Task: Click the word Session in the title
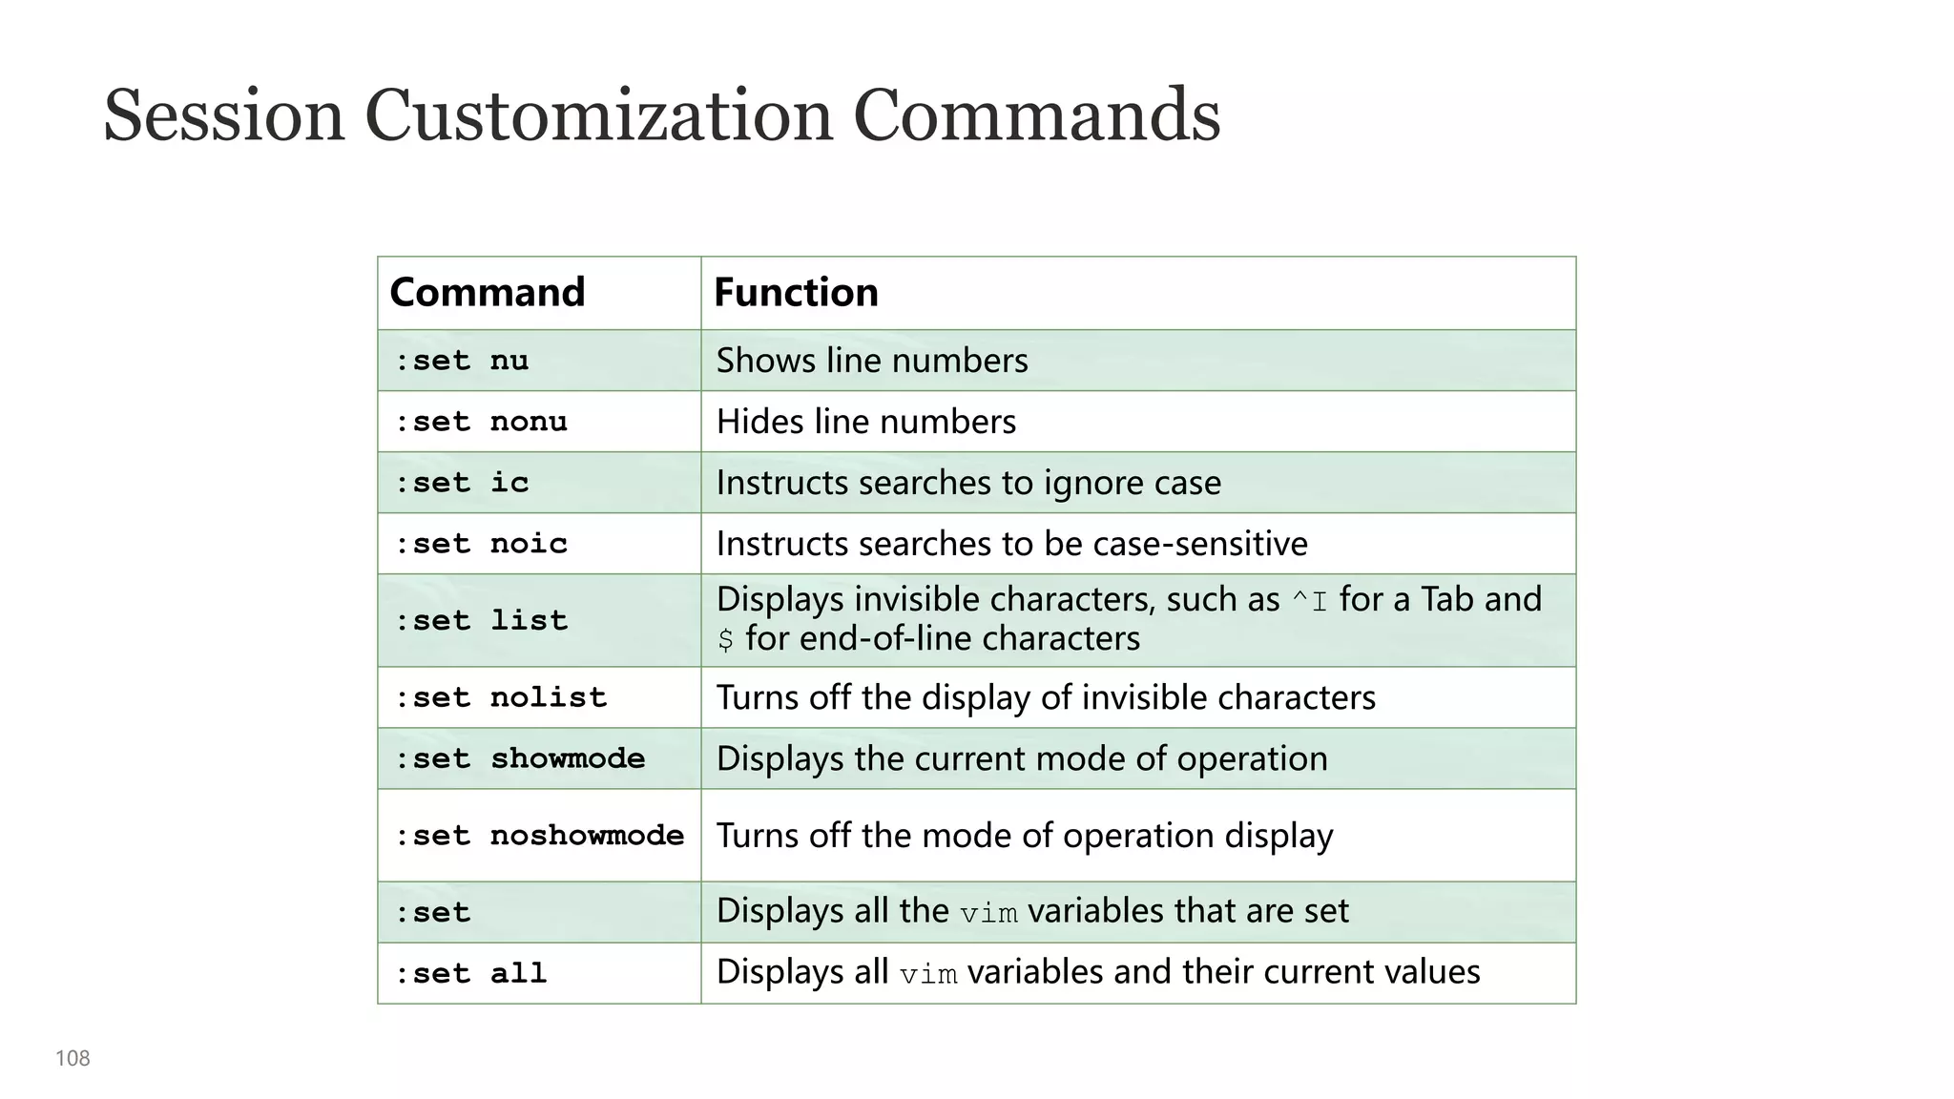223,115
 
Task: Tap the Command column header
487,292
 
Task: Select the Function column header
796,292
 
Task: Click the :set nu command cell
462,361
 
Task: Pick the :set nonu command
481,422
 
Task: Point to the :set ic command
462,483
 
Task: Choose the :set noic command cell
481,544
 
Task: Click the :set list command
481,621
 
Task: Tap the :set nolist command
501,697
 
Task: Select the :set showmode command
520,758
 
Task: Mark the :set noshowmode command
539,836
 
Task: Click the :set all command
471,974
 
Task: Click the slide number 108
73,1058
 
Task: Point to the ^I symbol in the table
1309,601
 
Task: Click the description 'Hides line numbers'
865,422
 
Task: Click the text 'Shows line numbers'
872,361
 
